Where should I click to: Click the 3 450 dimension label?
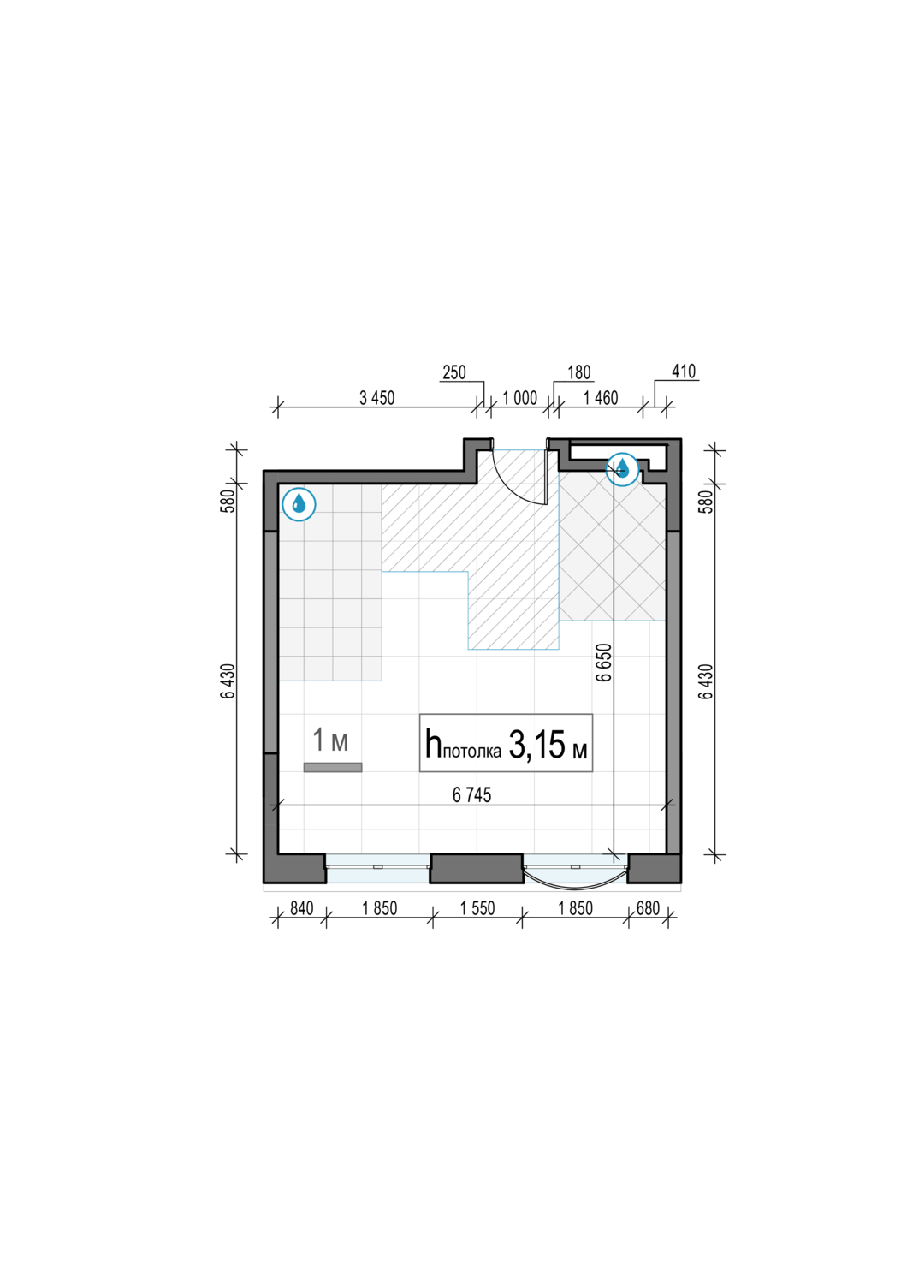coord(376,397)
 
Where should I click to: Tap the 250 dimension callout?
coord(454,372)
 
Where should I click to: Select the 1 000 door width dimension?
coord(519,397)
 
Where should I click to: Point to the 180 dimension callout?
coord(578,372)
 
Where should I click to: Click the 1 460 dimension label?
coord(601,397)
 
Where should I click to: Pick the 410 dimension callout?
coord(684,372)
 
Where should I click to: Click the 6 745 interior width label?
coord(471,794)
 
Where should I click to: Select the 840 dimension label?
coord(301,908)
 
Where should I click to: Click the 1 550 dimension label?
coord(477,908)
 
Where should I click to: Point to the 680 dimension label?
coord(648,908)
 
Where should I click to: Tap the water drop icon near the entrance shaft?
coord(622,469)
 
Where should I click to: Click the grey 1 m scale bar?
coord(333,767)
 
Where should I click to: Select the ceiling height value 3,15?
coord(536,745)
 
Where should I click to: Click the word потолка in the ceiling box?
coord(472,752)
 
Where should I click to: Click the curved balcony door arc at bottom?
coord(574,884)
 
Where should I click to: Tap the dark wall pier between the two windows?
coord(476,868)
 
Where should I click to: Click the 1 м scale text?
coord(330,740)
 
